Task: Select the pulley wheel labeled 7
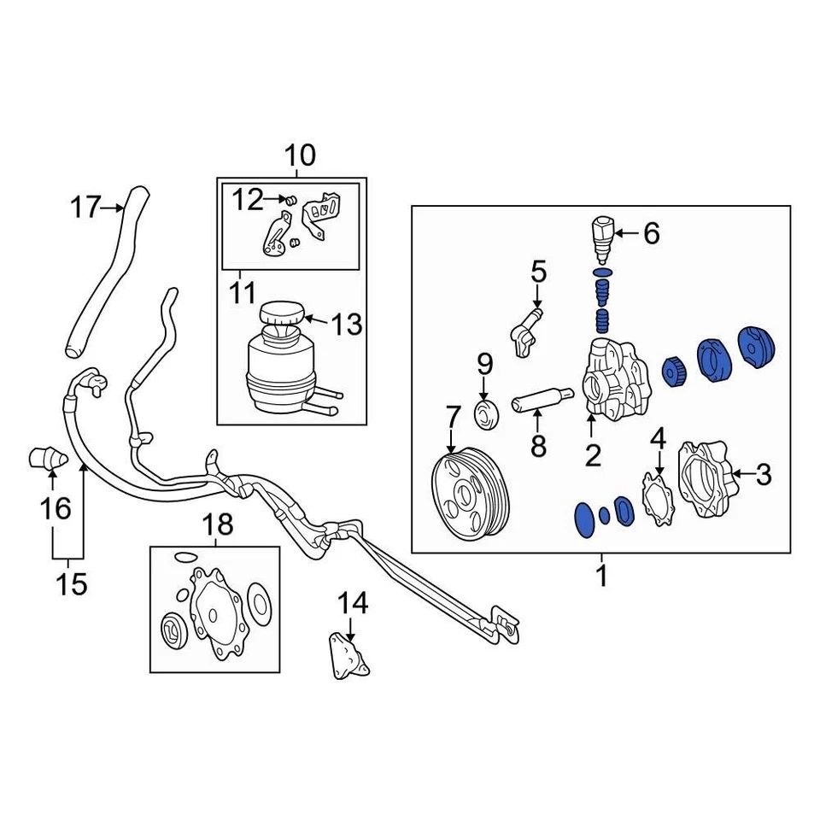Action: pyautogui.click(x=470, y=496)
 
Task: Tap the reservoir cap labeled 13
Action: pyautogui.click(x=280, y=314)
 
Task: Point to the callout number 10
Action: pyautogui.click(x=299, y=155)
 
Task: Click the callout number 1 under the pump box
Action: pyautogui.click(x=601, y=577)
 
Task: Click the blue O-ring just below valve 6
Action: pyautogui.click(x=601, y=272)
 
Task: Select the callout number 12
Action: pyautogui.click(x=247, y=200)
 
